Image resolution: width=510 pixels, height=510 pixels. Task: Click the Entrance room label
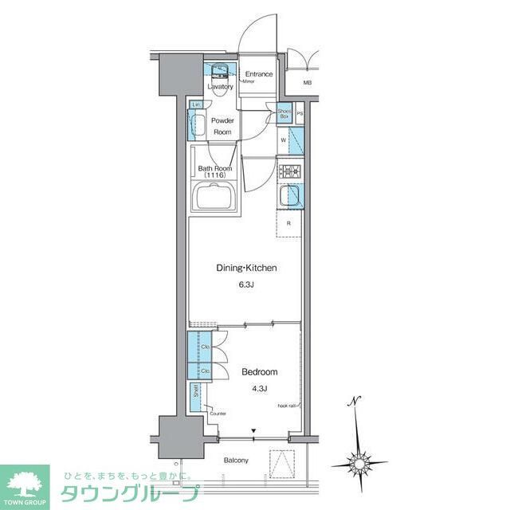pos(258,74)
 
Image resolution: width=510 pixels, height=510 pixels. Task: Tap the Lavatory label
pos(220,86)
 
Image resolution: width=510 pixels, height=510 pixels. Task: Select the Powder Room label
pos(222,126)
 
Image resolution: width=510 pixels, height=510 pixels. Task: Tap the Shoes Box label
pos(284,113)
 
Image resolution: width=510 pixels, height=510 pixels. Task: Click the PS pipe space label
pos(300,114)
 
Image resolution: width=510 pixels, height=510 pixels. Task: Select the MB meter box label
pos(307,83)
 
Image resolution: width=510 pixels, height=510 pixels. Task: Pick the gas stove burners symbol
pos(288,170)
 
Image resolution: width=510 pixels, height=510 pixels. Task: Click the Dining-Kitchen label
pos(246,269)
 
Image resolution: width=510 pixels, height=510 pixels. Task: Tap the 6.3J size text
pos(246,284)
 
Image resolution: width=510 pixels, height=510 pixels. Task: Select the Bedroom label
pos(259,372)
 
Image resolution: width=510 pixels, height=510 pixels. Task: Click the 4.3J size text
pos(259,388)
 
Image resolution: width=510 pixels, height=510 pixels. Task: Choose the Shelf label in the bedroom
pos(196,392)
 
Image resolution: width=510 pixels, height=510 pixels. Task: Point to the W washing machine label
pos(284,140)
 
